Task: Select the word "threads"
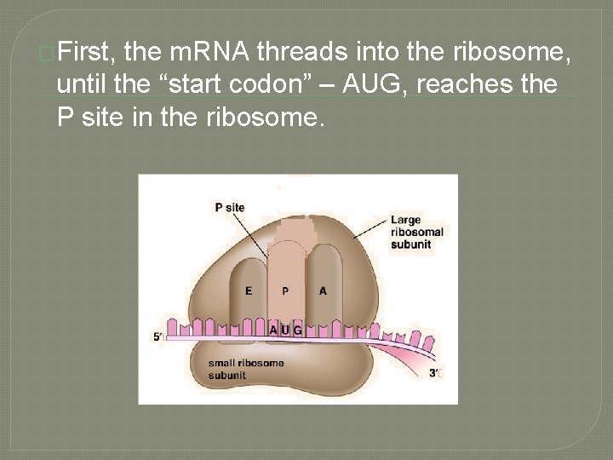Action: coord(301,54)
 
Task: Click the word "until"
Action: coord(80,84)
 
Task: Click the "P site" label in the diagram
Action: coord(229,207)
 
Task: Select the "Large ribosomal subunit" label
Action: coord(416,232)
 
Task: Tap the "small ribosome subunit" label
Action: coord(247,369)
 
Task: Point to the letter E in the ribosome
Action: coord(249,291)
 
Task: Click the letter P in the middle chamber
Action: coord(285,291)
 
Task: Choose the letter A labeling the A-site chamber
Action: coord(323,291)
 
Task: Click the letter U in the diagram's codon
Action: coord(285,330)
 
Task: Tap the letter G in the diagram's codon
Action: coord(297,330)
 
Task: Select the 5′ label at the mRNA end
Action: coord(158,337)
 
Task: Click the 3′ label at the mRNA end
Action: coord(435,372)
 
